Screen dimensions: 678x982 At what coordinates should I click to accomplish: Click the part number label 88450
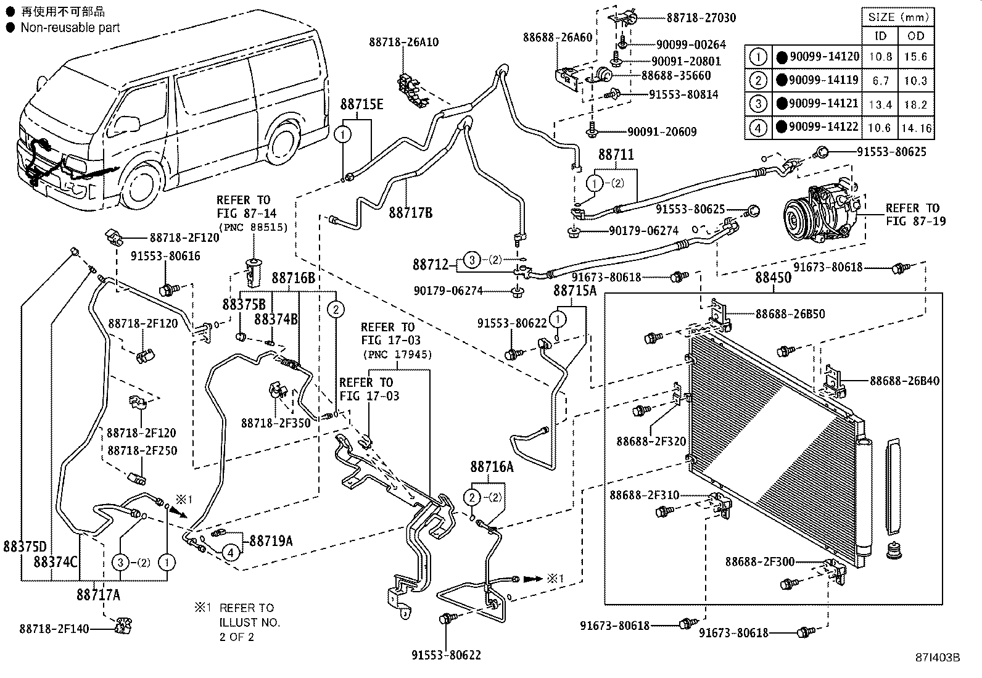click(x=774, y=278)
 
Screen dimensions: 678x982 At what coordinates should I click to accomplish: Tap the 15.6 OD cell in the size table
click(x=915, y=57)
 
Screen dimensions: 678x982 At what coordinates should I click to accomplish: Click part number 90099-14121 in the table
click(x=823, y=104)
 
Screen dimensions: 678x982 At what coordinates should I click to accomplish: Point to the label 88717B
click(x=410, y=213)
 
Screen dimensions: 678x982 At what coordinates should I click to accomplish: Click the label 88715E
click(x=361, y=104)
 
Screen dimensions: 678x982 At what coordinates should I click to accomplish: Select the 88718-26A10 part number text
click(x=404, y=42)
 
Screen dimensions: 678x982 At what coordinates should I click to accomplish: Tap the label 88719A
click(x=271, y=541)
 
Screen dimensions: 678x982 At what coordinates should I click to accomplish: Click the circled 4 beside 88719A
click(x=231, y=552)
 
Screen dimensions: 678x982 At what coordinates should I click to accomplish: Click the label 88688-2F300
click(x=760, y=561)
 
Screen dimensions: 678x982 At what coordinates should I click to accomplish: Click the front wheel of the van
click(x=144, y=183)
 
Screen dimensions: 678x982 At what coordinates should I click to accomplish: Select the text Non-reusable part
click(x=70, y=28)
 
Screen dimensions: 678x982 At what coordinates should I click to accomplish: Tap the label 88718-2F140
click(x=54, y=629)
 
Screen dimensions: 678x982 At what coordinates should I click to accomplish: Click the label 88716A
click(x=492, y=467)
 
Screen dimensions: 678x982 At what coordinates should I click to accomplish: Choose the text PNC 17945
click(x=397, y=355)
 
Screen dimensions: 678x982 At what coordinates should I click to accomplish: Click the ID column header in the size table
click(x=880, y=36)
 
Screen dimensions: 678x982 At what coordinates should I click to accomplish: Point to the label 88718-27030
click(x=701, y=18)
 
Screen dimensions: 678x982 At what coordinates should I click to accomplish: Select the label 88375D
click(x=25, y=547)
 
